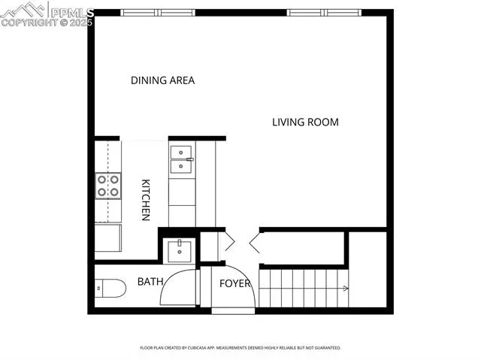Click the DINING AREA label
(162, 80)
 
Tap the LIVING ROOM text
(305, 122)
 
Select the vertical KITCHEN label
(147, 199)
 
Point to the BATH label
(151, 282)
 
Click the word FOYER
(234, 283)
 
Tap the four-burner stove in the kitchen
(108, 186)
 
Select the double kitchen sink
(181, 159)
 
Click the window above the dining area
(158, 13)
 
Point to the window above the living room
(323, 13)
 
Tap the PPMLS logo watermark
(47, 14)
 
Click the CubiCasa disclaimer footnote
(240, 348)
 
